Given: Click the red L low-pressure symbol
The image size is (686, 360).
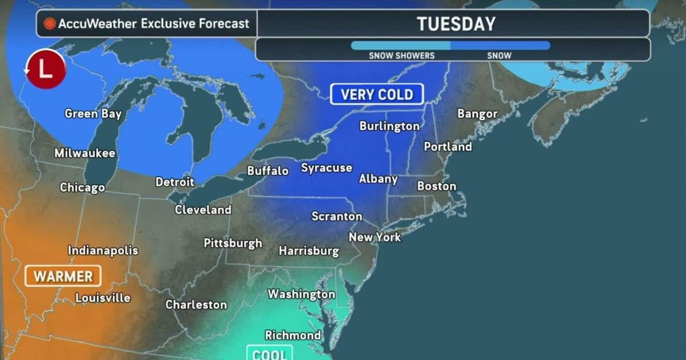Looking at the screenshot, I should click(45, 69).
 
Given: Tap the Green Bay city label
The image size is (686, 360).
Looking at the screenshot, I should click(93, 114).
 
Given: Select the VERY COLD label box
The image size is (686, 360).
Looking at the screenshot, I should click(377, 94).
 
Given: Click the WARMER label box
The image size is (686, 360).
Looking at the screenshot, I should click(63, 277).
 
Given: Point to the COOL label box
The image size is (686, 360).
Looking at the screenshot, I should click(269, 354).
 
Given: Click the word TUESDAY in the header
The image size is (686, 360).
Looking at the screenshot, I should click(456, 24).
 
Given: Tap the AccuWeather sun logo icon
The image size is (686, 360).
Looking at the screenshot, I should click(50, 24).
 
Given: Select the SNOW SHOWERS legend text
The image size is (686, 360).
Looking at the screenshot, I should click(401, 56).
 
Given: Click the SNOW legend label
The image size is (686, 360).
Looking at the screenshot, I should click(499, 56).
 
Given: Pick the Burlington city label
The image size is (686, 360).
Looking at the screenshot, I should click(389, 126).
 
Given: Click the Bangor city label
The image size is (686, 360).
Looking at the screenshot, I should click(477, 114).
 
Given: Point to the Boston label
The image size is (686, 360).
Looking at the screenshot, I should click(437, 186).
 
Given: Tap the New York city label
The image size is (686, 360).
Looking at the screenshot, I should click(375, 237).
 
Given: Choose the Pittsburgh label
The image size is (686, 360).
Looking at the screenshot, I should click(233, 243).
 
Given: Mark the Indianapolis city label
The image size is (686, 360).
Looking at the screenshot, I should click(103, 250).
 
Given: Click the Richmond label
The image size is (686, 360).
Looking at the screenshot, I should click(293, 335).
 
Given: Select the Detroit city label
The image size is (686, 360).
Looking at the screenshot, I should click(175, 182).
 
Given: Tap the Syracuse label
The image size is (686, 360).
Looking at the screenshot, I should click(326, 168).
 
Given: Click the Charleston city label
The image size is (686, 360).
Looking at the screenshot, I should click(196, 305).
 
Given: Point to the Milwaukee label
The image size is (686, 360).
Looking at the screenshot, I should click(85, 153).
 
